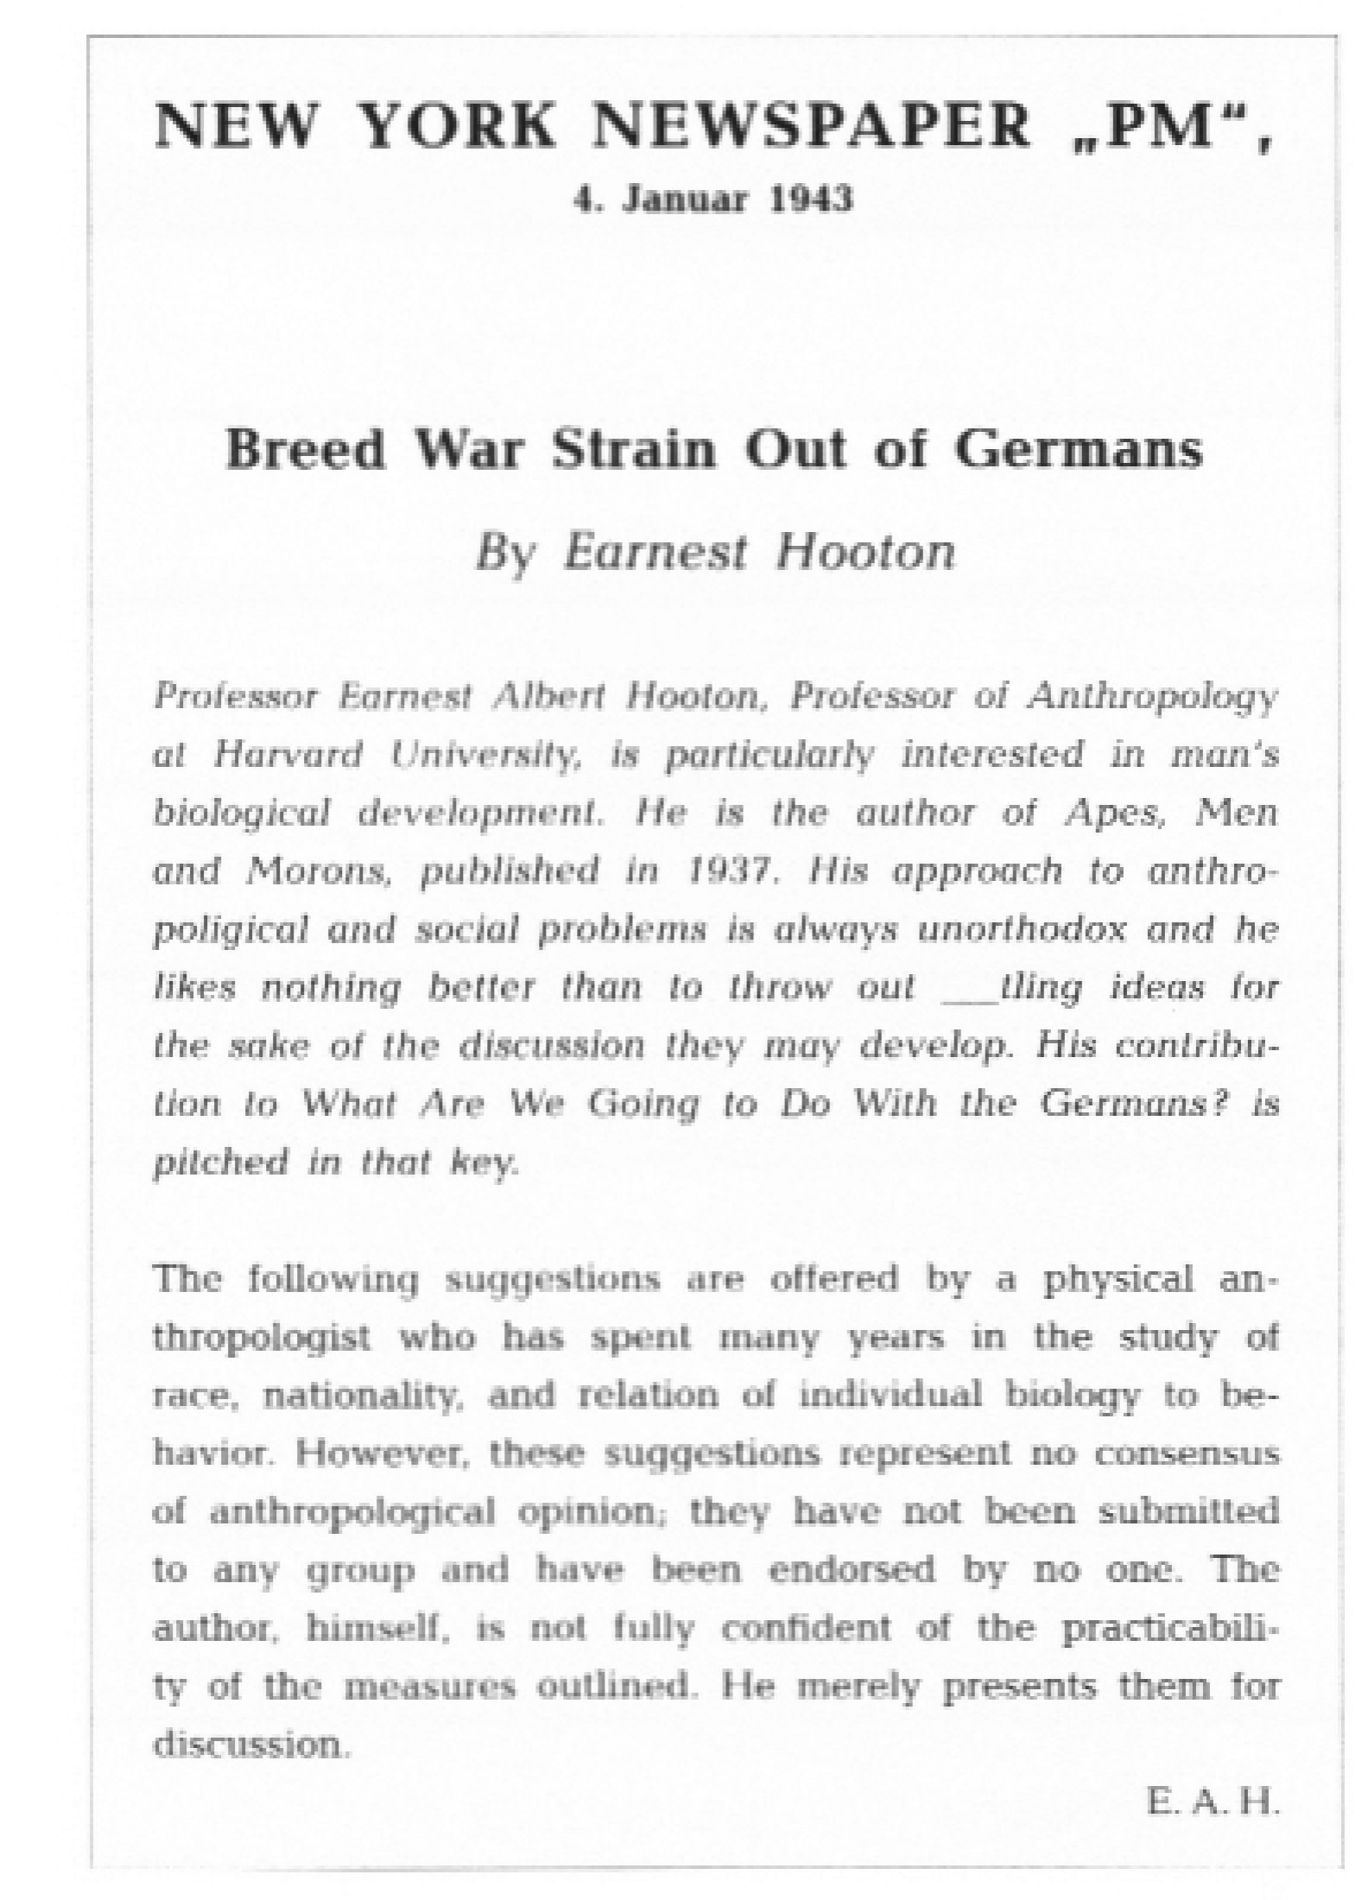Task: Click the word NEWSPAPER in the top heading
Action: [x=812, y=127]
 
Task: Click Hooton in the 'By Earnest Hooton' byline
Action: [x=865, y=551]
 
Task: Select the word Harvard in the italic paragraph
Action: [x=288, y=755]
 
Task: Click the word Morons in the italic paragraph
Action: [x=320, y=871]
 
